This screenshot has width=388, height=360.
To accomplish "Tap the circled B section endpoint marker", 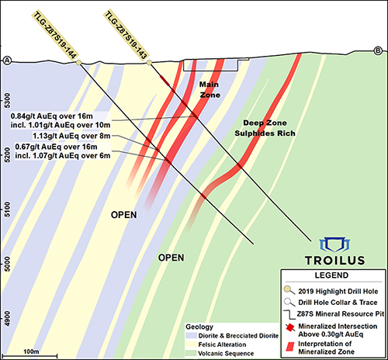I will point(377,51).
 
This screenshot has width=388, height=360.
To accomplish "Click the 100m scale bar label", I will point(31,351).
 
